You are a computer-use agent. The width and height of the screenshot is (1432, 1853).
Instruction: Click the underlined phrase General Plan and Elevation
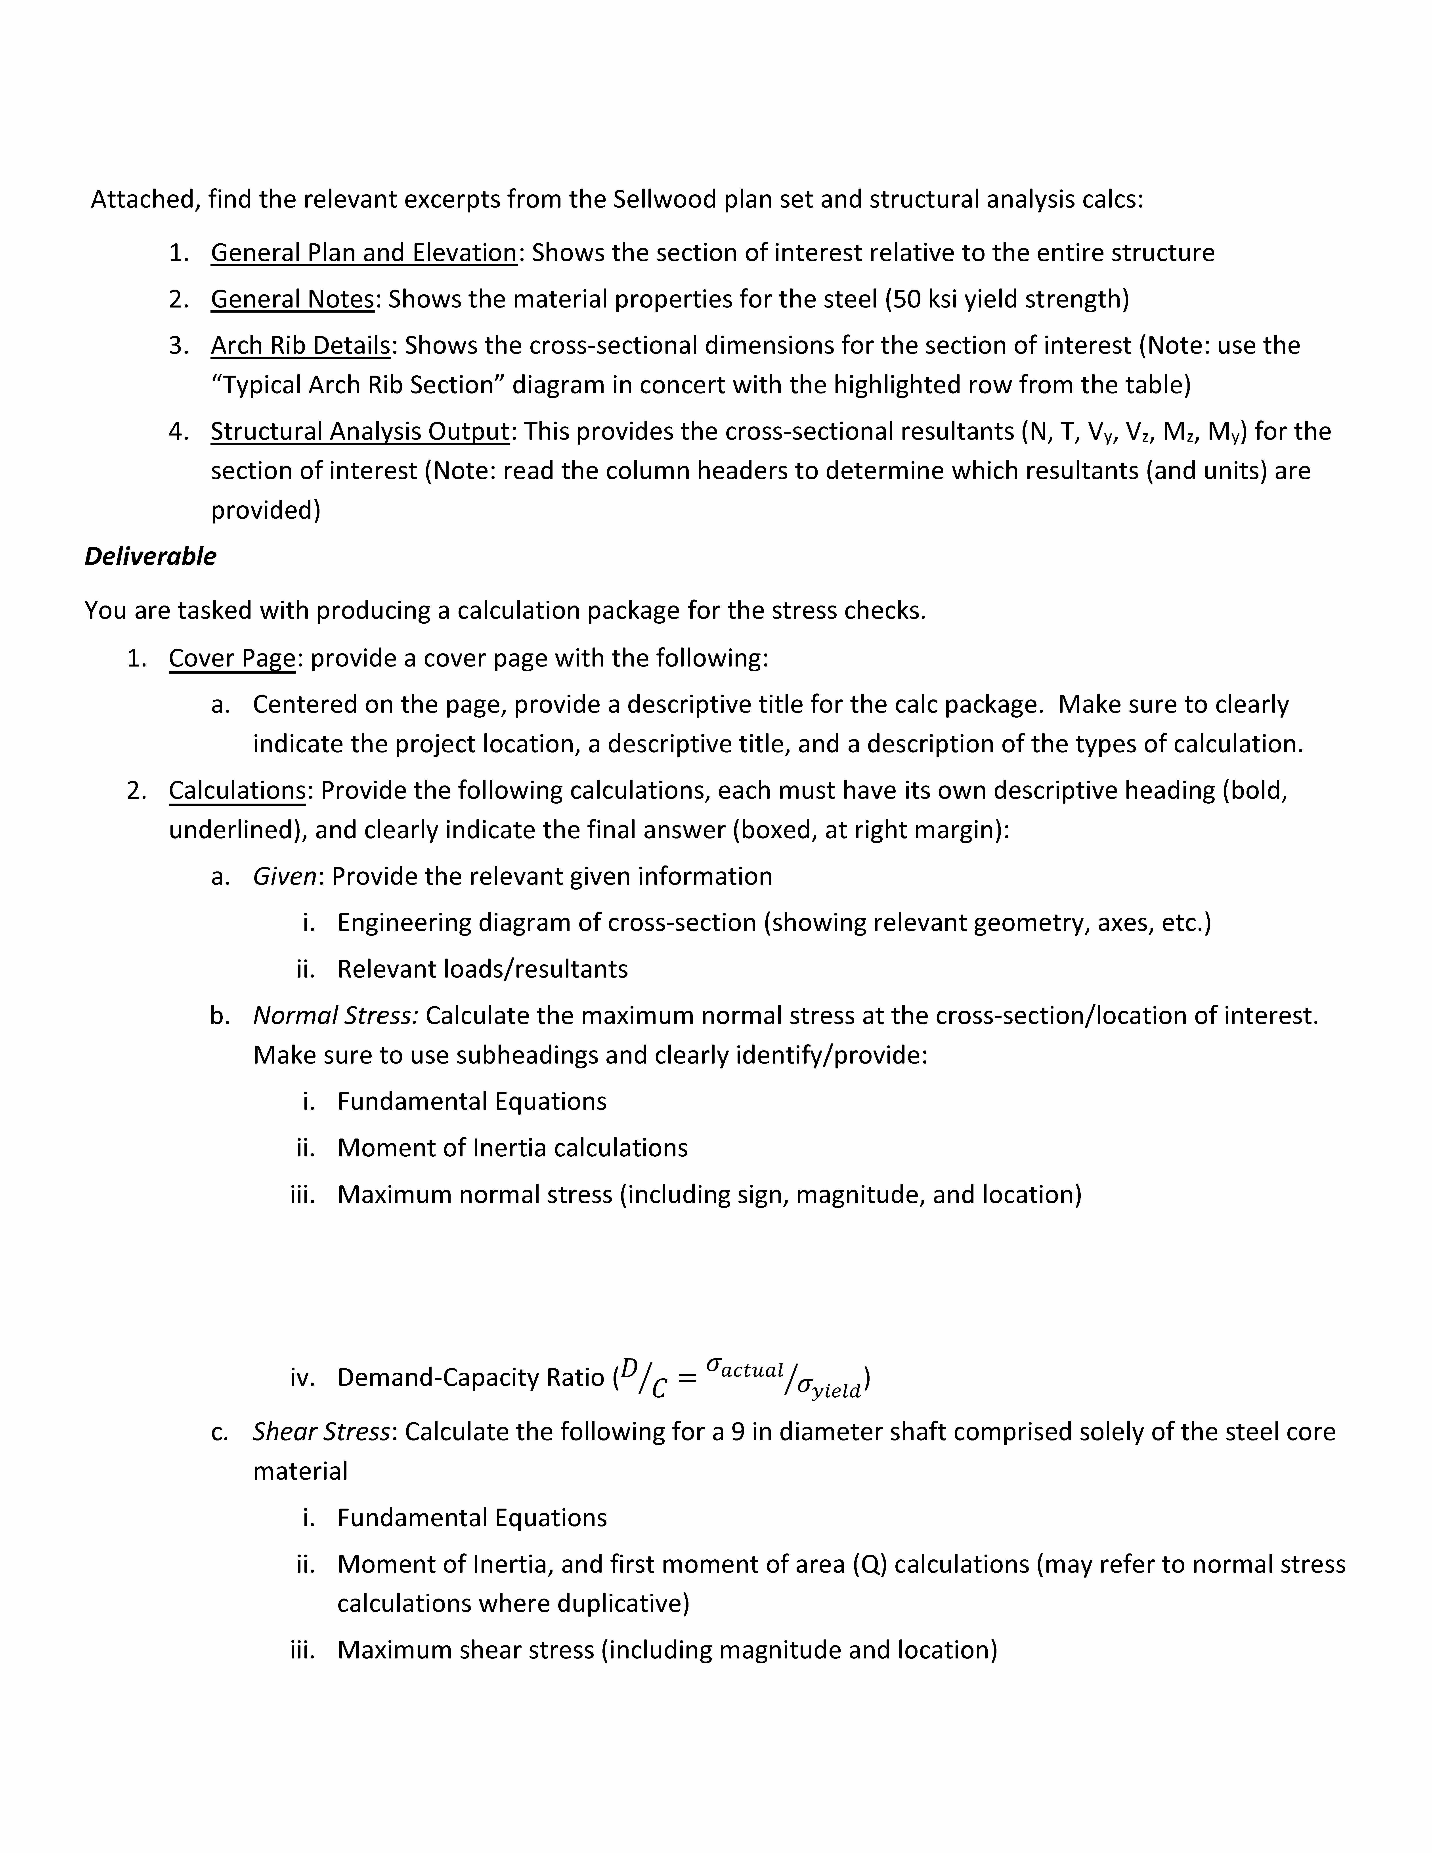pos(364,253)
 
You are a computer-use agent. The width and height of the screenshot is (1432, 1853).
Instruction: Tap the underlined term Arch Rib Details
pos(300,345)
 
